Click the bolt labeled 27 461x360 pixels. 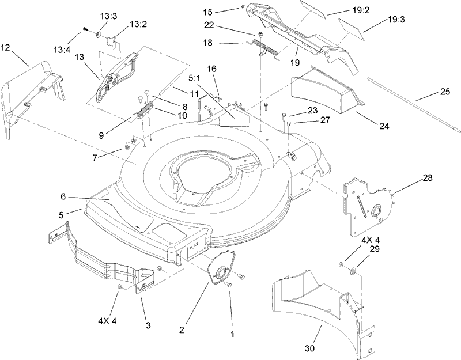coord(288,124)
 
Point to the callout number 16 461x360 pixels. coord(211,69)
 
